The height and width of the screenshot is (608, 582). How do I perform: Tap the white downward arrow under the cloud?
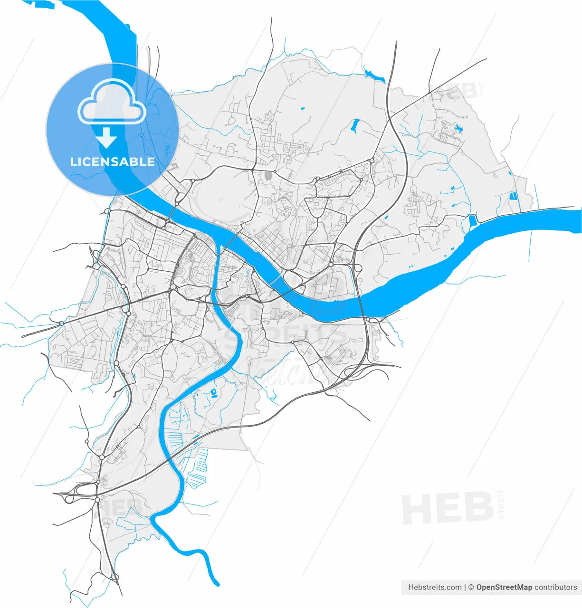(106, 137)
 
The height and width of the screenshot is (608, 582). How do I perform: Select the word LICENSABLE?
(113, 161)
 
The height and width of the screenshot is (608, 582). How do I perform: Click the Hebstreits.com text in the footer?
(434, 588)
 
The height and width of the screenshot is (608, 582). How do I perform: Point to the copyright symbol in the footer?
(471, 588)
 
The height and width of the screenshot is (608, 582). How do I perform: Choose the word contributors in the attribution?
(555, 588)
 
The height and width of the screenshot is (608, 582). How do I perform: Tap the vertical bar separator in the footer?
(465, 588)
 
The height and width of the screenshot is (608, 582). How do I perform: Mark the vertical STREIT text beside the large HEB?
(502, 504)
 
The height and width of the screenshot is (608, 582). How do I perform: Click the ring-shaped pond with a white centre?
(214, 392)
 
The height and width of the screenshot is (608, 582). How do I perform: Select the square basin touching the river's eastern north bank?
(472, 221)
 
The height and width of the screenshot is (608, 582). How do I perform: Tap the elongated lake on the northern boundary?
(374, 75)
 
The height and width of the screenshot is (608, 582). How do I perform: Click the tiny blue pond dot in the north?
(303, 109)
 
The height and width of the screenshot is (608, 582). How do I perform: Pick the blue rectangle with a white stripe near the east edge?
(513, 196)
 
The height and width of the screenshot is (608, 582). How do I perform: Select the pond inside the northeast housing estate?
(458, 127)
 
